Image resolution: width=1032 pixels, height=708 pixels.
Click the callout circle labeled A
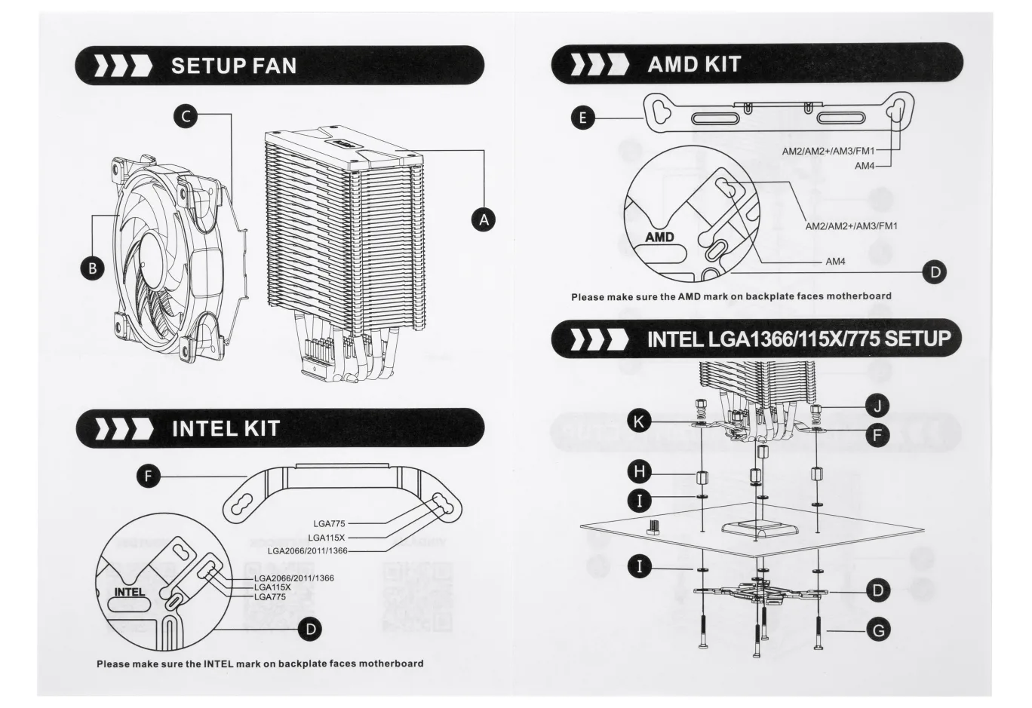point(484,219)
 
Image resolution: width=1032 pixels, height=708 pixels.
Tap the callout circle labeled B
point(92,268)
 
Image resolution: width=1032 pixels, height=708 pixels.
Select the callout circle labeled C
point(186,116)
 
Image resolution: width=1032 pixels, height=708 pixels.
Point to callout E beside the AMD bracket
point(583,118)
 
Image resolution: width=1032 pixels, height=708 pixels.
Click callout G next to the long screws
point(878,630)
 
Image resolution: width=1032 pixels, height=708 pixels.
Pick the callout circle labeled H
point(640,471)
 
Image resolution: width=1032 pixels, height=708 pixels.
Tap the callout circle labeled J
point(877,406)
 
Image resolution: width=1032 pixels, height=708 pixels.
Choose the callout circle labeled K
point(639,421)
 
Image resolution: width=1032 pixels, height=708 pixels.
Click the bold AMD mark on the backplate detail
point(659,237)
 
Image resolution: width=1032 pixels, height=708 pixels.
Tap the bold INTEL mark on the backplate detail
point(130,592)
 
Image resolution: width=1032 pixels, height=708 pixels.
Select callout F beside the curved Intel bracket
point(149,476)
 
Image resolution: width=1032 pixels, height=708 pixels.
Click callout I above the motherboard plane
point(640,501)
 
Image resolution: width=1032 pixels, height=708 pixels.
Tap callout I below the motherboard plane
point(640,566)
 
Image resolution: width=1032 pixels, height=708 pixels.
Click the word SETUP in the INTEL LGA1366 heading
point(917,339)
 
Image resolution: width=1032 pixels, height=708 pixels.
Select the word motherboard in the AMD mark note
point(858,296)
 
